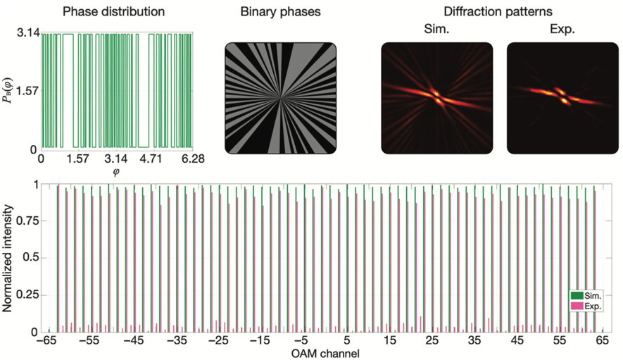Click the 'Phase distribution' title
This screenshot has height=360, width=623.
click(113, 12)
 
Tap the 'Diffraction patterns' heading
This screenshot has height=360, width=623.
click(492, 12)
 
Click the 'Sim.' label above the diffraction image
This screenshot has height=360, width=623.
click(436, 30)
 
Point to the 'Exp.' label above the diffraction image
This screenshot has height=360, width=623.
click(562, 30)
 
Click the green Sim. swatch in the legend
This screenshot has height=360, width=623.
click(577, 297)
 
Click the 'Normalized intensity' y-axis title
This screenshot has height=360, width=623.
click(9, 257)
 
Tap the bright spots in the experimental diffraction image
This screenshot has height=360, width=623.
click(562, 96)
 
